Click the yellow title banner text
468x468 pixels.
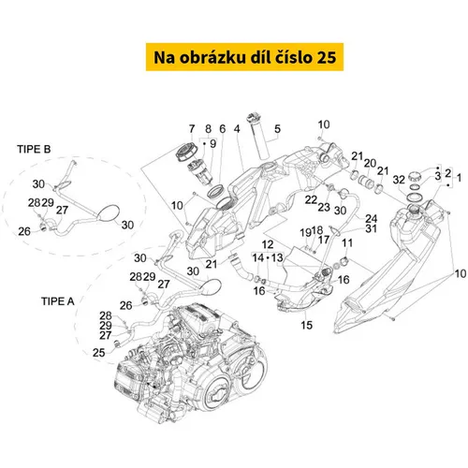[245, 57]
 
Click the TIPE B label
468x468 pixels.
[34, 150]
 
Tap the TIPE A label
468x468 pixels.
[58, 301]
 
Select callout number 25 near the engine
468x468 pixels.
[98, 353]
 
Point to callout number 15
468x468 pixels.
[306, 325]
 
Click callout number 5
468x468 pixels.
[277, 129]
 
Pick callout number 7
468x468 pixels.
[192, 129]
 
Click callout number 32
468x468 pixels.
[399, 180]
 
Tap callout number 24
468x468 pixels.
[372, 218]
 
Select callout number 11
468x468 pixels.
[347, 242]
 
